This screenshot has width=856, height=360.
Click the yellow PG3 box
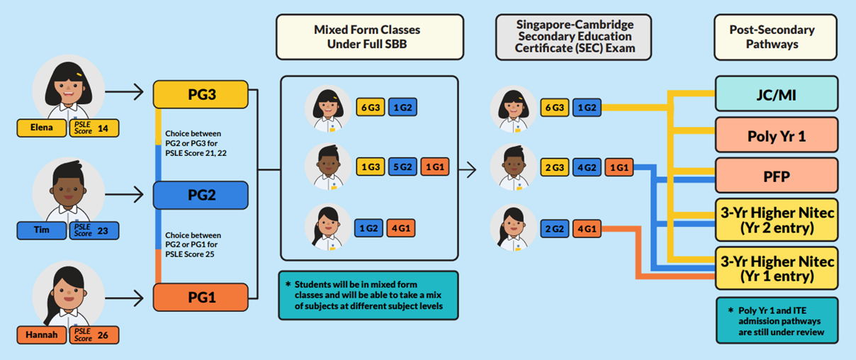pos(201,94)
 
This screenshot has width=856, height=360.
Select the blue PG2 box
pos(201,195)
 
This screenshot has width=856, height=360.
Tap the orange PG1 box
pos(201,298)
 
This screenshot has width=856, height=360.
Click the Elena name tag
pos(41,128)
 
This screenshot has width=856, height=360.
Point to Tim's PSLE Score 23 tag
pos(94,230)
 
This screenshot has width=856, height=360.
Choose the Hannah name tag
pos(41,334)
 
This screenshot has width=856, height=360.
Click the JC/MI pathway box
pos(777,94)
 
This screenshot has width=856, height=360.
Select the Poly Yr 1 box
pos(777,135)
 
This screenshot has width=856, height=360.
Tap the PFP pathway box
pos(777,176)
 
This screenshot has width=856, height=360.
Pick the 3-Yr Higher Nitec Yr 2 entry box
pos(777,220)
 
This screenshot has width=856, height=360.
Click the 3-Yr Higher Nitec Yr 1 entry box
pos(777,269)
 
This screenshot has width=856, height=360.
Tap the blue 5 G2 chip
pos(402,167)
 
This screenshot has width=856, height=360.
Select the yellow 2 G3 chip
pos(554,167)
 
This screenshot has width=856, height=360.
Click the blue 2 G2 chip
pos(554,228)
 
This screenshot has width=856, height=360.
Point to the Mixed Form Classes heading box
pos(369,37)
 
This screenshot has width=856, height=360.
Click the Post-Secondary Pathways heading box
pos(775,37)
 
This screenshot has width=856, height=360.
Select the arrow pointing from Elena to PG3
pos(124,91)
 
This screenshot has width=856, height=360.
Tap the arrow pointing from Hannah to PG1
pos(124,298)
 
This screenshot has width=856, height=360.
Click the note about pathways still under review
pos(777,320)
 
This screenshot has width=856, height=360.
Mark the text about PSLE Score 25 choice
pos(193,244)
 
